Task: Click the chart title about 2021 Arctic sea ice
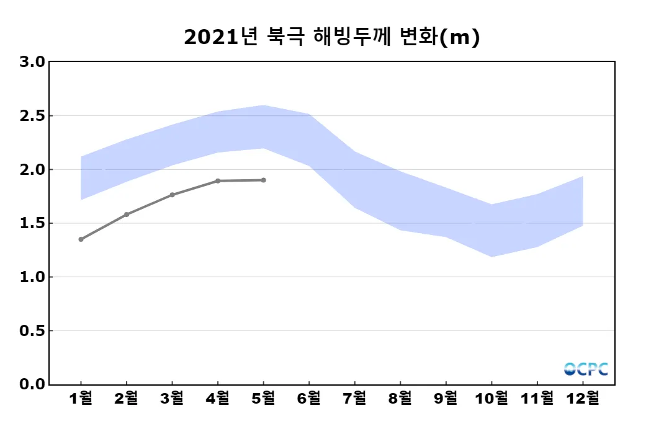coord(332,38)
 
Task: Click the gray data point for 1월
coord(81,239)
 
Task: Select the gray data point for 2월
coord(127,215)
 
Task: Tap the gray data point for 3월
coord(172,195)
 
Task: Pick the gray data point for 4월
coord(218,181)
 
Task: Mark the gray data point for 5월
coord(264,180)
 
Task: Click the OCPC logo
coord(586,369)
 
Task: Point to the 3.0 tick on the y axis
coord(32,62)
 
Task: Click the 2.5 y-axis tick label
coord(32,116)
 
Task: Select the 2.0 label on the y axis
coord(32,169)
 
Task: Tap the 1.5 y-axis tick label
coord(32,223)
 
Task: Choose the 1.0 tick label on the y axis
coord(32,277)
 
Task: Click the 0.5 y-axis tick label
coord(32,330)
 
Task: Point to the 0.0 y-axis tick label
coord(32,384)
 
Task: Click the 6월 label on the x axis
coord(309,399)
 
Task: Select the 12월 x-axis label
coord(583,399)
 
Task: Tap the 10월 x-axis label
coord(491,399)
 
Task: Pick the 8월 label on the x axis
coord(400,399)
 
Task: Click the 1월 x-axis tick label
coord(81,399)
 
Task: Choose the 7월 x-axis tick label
coord(355,399)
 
